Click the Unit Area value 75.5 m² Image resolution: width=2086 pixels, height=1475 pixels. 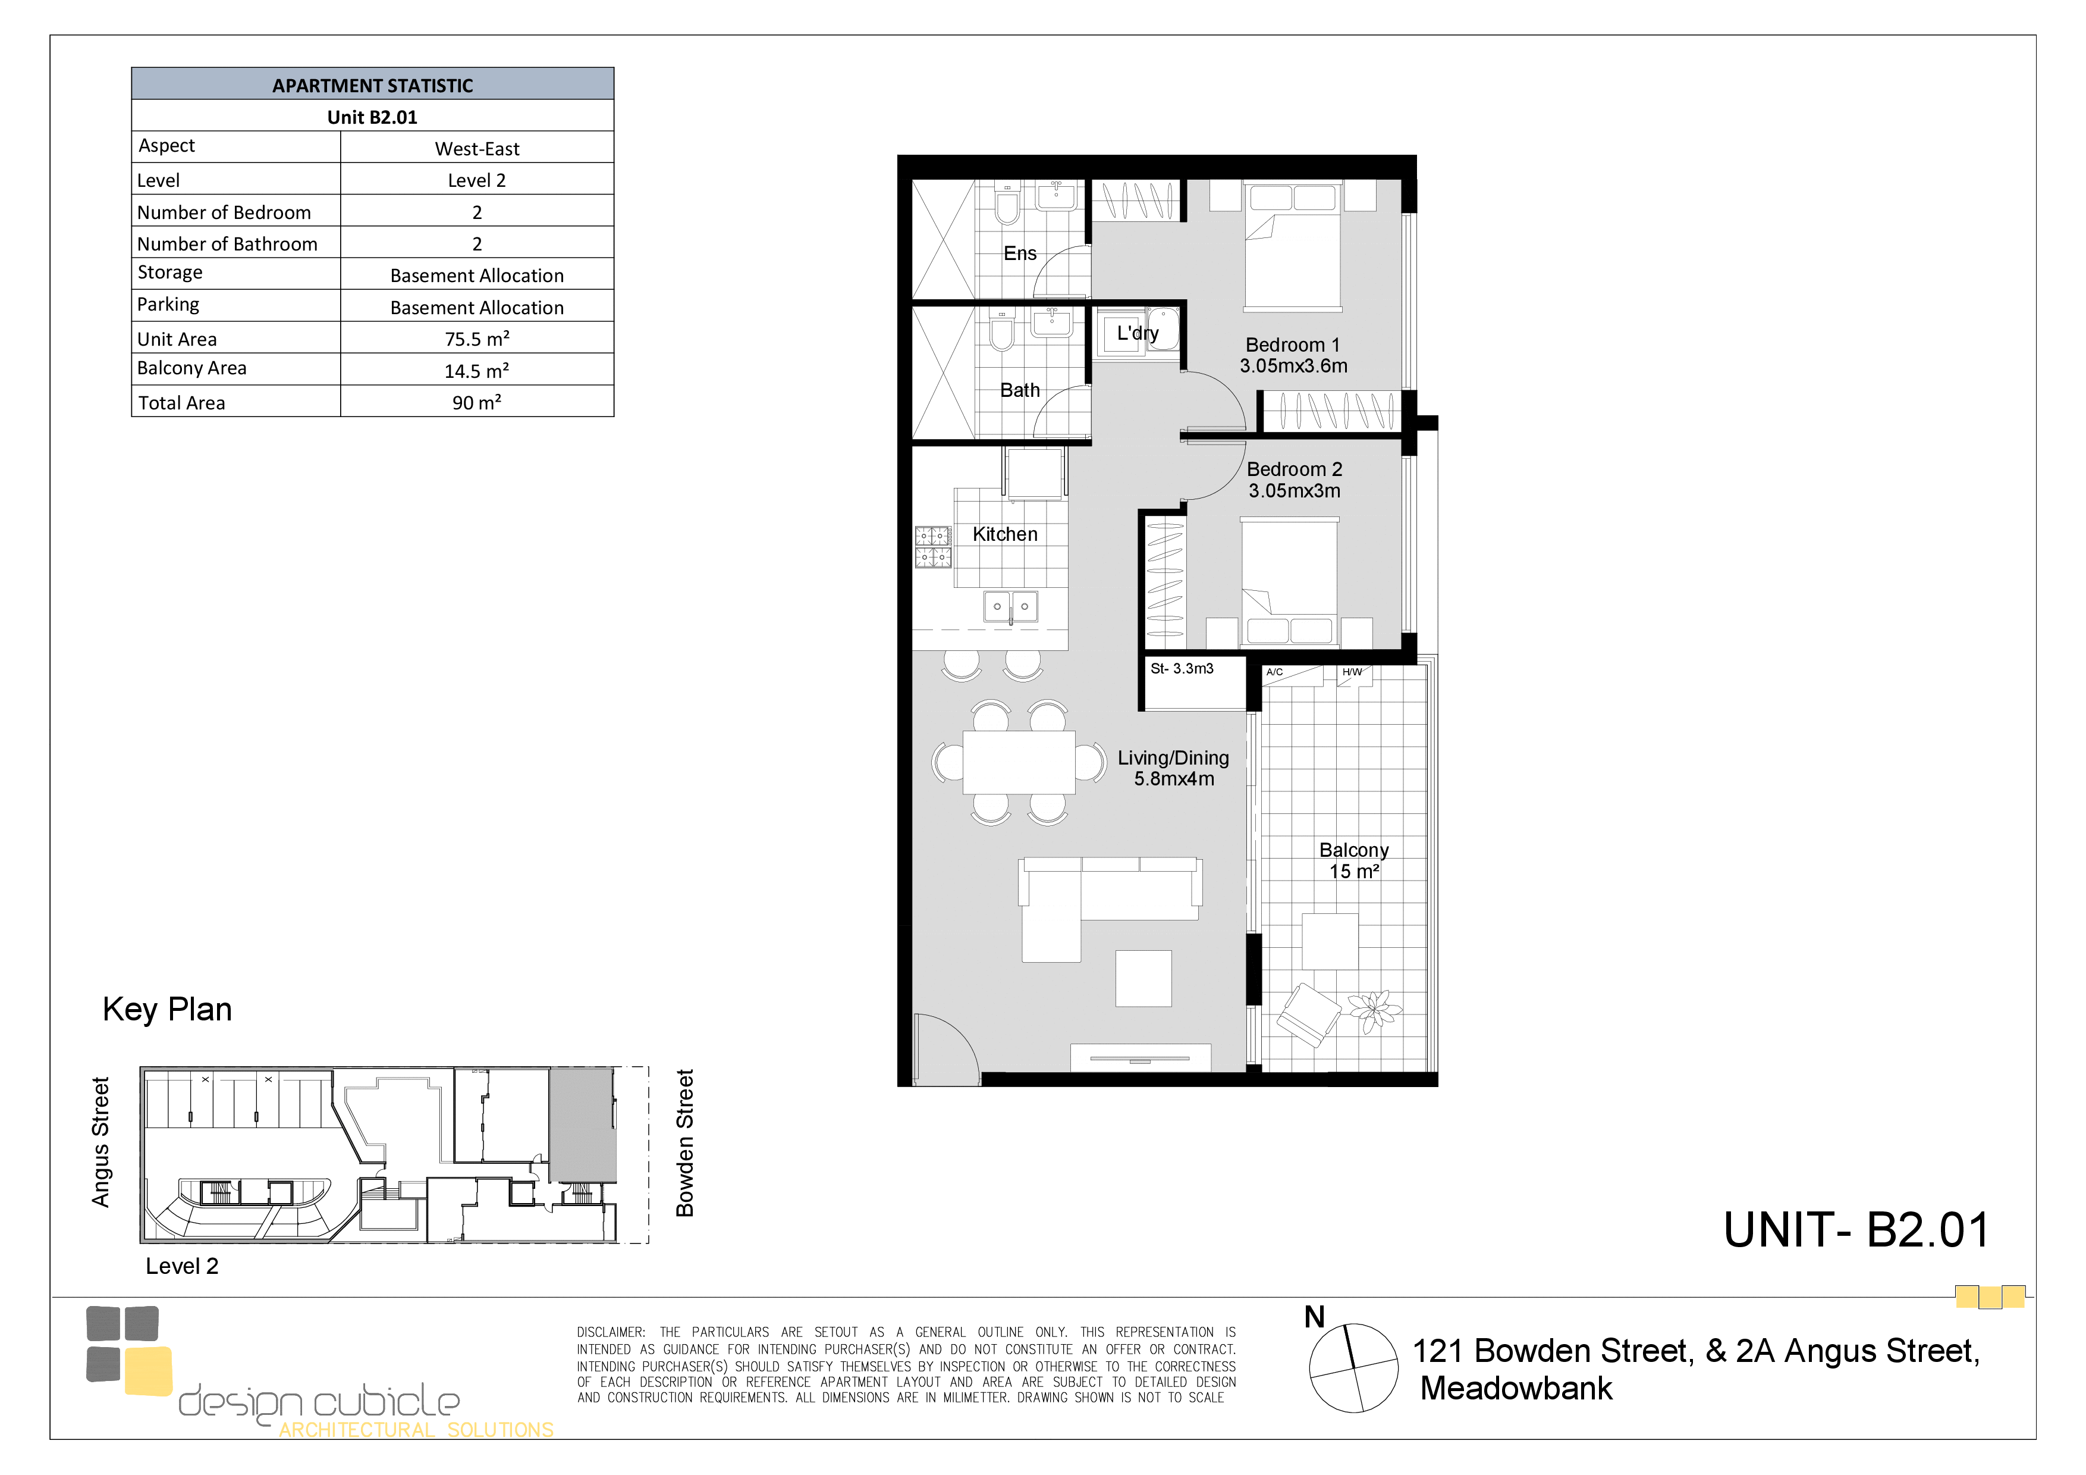coord(477,339)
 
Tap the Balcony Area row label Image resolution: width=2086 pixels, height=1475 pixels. coord(191,368)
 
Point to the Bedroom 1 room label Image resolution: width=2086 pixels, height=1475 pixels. coord(1292,345)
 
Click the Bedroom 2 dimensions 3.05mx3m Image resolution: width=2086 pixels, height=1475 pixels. coord(1294,491)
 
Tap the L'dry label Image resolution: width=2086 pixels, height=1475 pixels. coord(1138,333)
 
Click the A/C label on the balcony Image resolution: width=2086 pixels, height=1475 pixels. coord(1275,672)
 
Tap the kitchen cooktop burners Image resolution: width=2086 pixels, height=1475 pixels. coord(933,546)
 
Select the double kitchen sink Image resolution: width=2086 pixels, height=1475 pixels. coord(1010,606)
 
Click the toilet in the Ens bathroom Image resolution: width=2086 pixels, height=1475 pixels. coord(1007,205)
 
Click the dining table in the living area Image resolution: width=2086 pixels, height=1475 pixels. coord(1019,762)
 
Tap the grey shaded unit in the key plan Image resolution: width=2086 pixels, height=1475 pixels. coord(582,1125)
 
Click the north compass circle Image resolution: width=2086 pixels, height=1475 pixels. coord(1353,1368)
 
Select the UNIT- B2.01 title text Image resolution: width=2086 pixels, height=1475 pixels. coord(1856,1230)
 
